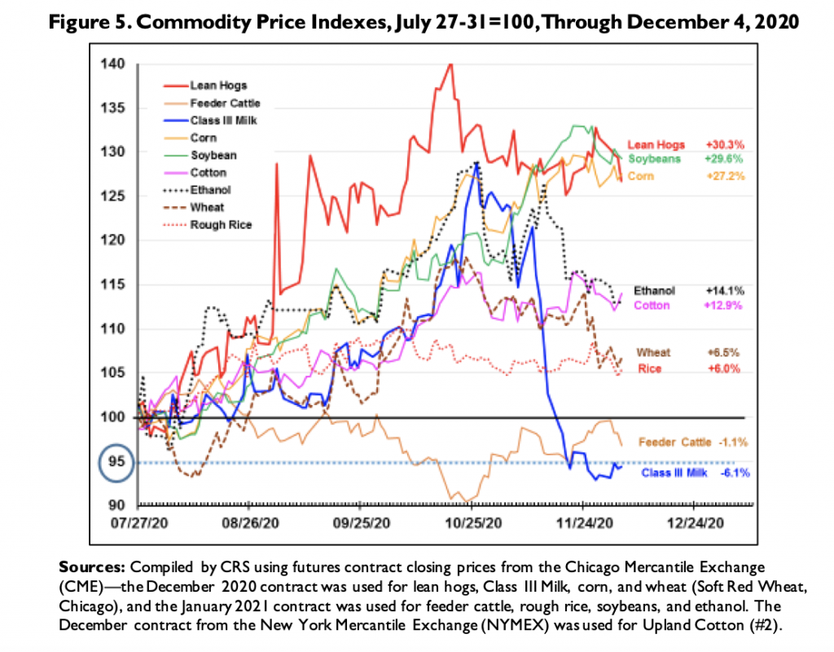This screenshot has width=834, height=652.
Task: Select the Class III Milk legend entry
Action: (217, 121)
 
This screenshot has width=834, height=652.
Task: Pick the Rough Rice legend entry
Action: (220, 225)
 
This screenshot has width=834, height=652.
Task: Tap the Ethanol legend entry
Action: (209, 190)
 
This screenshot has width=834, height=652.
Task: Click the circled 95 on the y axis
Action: (115, 461)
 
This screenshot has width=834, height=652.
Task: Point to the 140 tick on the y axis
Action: (115, 64)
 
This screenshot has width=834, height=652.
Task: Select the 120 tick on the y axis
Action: (115, 240)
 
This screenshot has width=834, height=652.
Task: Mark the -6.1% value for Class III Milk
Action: (734, 473)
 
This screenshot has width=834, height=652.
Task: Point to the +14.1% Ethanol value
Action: (726, 290)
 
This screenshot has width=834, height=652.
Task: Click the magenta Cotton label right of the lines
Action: (651, 306)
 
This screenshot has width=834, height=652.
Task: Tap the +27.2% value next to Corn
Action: (726, 176)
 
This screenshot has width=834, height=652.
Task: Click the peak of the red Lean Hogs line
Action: (450, 64)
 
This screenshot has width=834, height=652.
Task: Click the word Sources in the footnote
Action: (87, 564)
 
